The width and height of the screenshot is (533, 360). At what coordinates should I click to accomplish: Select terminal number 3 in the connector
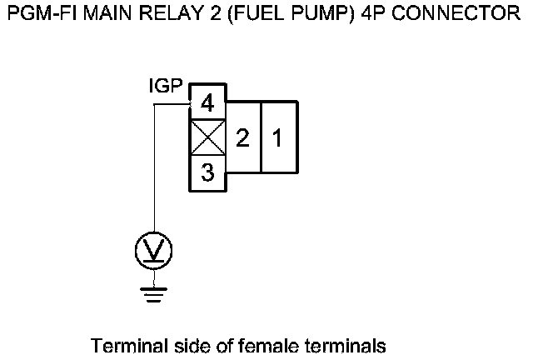(x=207, y=172)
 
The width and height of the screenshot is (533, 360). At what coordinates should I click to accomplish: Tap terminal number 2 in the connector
(x=242, y=138)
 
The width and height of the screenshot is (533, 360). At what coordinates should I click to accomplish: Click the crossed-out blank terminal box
(x=207, y=138)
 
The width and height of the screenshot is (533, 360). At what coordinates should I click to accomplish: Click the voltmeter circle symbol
(x=154, y=250)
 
